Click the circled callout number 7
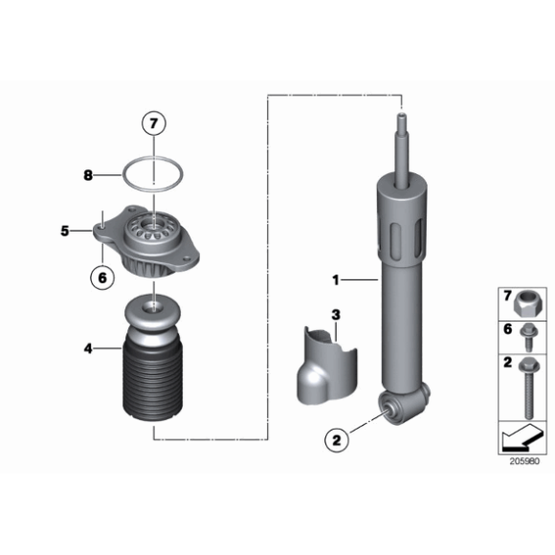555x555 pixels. [x=154, y=123]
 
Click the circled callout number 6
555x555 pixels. [x=102, y=277]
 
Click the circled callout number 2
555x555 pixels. [x=337, y=440]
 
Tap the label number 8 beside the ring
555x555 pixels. [x=88, y=175]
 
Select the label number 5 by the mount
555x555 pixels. [x=65, y=231]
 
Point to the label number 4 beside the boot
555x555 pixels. [x=88, y=348]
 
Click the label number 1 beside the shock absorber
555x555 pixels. [x=336, y=280]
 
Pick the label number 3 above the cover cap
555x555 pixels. [x=336, y=315]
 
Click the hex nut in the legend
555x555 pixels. [x=525, y=304]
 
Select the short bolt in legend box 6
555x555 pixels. [x=529, y=338]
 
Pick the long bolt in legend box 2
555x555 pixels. [x=529, y=388]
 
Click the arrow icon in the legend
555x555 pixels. [x=522, y=437]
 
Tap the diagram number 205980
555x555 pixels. [x=524, y=461]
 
